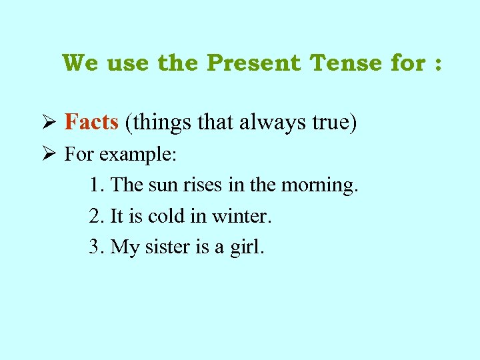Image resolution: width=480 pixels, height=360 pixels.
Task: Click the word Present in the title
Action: coord(254,63)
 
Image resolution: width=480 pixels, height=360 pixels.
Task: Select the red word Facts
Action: coord(91,121)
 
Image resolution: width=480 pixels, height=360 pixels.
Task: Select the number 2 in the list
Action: coord(94,216)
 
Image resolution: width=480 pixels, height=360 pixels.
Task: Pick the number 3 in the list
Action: coord(94,247)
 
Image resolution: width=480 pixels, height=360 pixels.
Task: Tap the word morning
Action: coord(319,185)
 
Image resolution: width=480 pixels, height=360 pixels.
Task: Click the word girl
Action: coord(247,247)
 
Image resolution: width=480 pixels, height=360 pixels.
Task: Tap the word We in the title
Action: coord(81,63)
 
